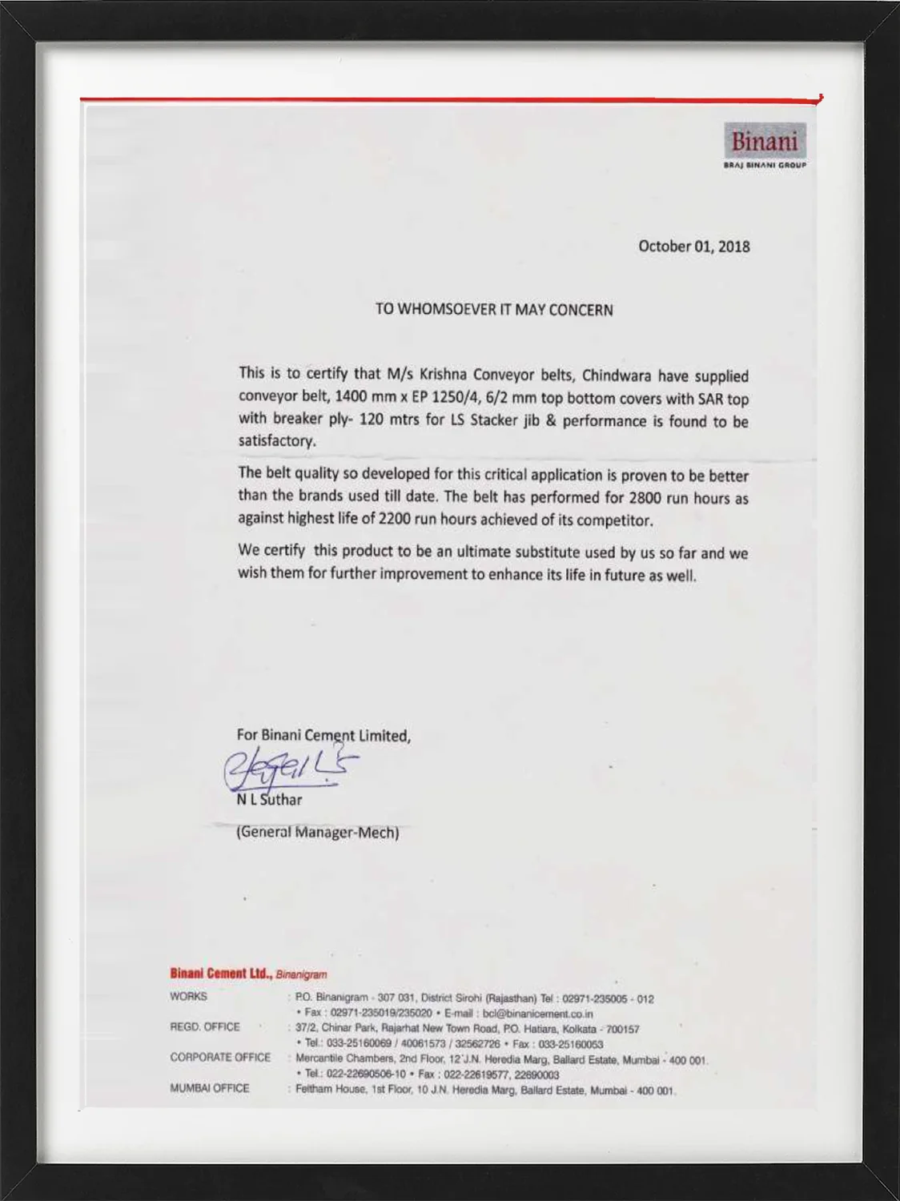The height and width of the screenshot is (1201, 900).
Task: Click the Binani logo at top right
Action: (x=765, y=144)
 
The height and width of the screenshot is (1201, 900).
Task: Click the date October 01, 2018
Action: (x=693, y=247)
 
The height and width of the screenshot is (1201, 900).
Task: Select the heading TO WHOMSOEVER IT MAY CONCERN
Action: (x=494, y=310)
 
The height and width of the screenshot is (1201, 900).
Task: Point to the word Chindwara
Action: (x=616, y=376)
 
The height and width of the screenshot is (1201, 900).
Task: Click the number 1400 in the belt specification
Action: (x=351, y=396)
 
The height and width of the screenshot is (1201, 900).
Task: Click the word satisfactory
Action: (x=276, y=440)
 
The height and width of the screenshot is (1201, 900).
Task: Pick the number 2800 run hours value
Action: (x=645, y=497)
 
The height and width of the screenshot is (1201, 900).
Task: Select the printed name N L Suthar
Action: (x=269, y=800)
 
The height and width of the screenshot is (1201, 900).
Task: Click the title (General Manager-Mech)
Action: (x=317, y=832)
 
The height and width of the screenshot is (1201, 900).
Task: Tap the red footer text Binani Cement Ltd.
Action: (x=221, y=974)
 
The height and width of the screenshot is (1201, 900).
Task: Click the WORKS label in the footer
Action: (x=188, y=997)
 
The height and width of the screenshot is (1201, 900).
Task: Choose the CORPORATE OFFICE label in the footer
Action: (x=220, y=1058)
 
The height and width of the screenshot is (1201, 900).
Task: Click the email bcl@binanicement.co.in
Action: (x=537, y=1014)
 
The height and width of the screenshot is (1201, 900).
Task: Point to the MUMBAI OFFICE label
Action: (x=210, y=1088)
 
